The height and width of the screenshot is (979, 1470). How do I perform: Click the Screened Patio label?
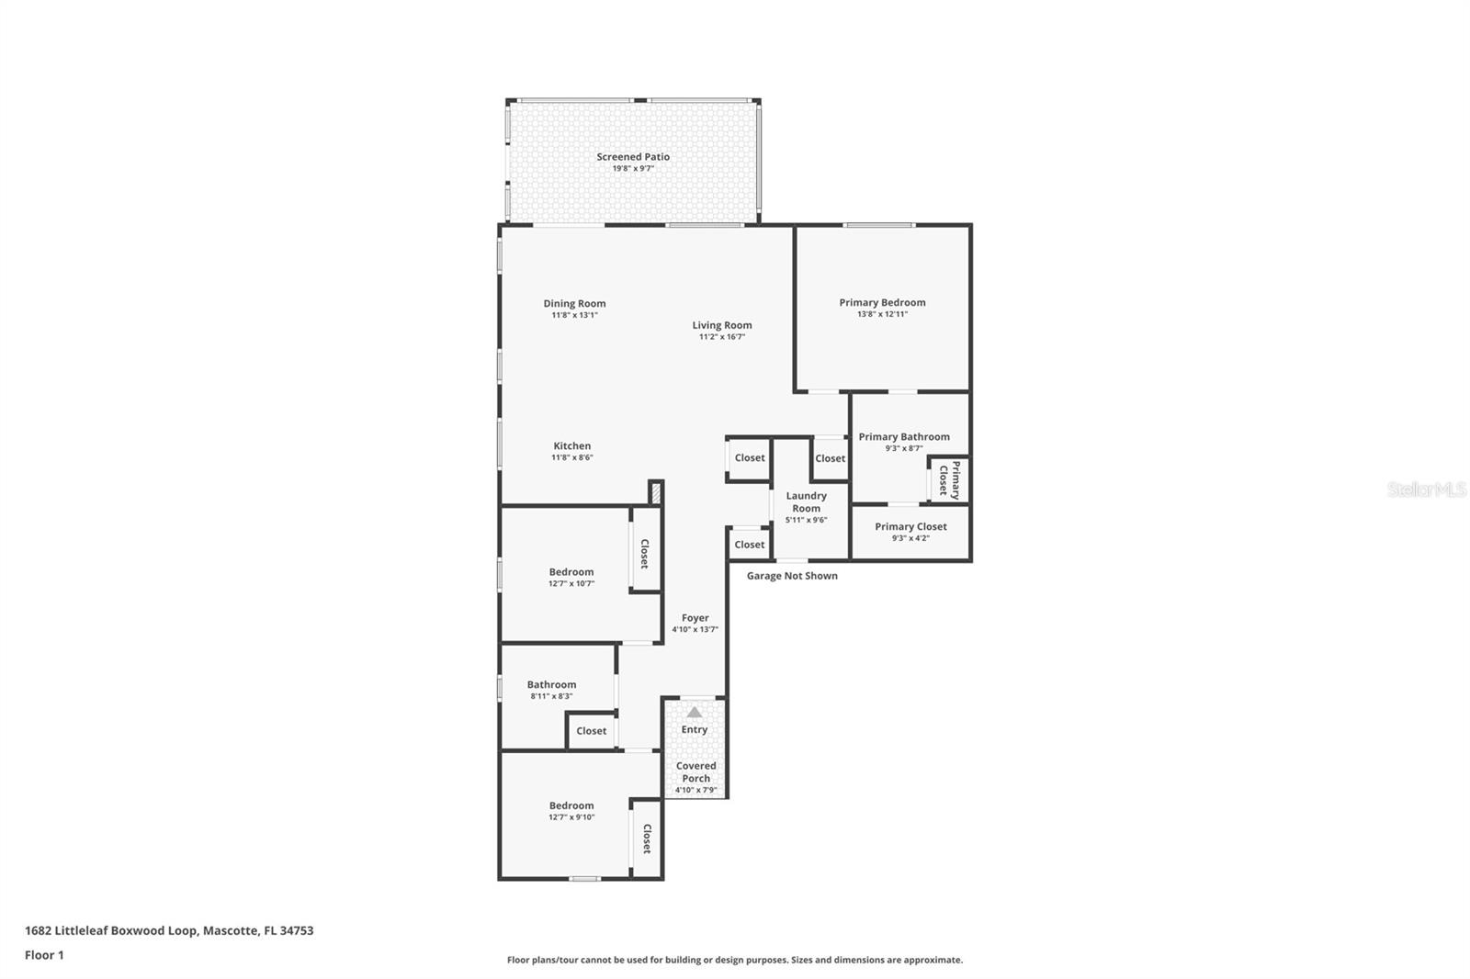633,157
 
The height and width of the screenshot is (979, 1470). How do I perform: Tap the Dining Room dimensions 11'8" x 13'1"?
574,315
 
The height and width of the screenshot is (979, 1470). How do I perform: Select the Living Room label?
722,325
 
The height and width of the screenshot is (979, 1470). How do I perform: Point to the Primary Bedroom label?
882,302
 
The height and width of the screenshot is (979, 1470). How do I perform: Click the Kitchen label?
571,446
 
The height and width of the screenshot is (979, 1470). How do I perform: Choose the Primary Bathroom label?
904,437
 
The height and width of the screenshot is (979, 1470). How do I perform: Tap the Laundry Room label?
806,501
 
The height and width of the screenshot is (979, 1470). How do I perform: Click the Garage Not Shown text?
792,576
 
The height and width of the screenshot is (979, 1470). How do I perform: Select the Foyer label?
695,618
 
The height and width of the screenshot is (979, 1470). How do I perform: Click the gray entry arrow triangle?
695,713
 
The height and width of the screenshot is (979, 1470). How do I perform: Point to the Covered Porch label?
695,771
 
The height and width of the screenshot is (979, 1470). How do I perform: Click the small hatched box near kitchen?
656,492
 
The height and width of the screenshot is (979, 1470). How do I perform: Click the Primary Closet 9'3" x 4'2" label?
910,527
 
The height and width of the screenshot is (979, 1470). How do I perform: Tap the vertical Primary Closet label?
949,479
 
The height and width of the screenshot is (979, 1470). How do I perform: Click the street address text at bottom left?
169,930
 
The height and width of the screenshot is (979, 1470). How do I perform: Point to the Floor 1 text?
44,955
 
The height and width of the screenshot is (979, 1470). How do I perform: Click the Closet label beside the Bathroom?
591,731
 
